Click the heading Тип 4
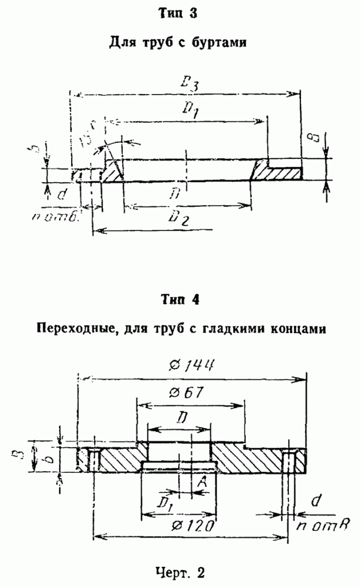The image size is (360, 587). [179, 300]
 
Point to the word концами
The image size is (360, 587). [303, 328]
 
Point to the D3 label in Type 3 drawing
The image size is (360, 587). [187, 84]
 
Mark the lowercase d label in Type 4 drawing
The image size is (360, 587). [315, 502]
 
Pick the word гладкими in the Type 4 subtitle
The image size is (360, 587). [242, 328]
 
